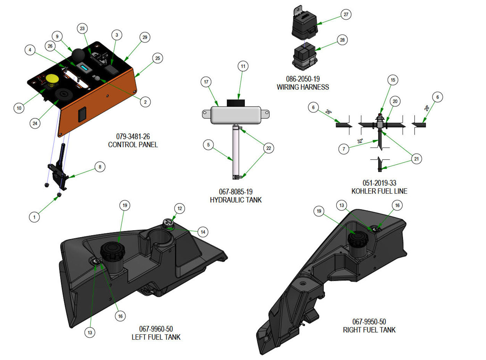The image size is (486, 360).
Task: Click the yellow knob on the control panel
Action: click(x=52, y=79)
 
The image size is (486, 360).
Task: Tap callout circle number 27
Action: click(x=346, y=15)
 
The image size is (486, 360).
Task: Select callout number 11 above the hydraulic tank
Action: click(x=243, y=66)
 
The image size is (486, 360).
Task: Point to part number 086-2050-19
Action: click(x=303, y=79)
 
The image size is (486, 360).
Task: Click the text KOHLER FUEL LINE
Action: click(x=379, y=191)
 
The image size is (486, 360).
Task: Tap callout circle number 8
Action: click(x=100, y=167)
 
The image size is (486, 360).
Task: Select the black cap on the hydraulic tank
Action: click(x=236, y=103)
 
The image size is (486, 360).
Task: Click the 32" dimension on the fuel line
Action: click(x=360, y=141)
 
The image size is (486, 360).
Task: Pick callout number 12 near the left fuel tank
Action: click(x=179, y=209)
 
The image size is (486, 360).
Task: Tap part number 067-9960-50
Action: click(x=156, y=329)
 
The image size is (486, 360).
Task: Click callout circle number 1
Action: click(x=34, y=217)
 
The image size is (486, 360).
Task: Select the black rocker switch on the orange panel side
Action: click(x=82, y=115)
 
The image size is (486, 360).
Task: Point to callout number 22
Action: click(x=268, y=148)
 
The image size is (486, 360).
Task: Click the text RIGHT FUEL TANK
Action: click(x=369, y=330)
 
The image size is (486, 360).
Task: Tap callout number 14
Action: click(x=203, y=232)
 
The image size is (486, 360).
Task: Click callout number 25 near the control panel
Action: click(x=158, y=58)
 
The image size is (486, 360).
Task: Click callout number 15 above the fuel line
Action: click(x=393, y=80)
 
